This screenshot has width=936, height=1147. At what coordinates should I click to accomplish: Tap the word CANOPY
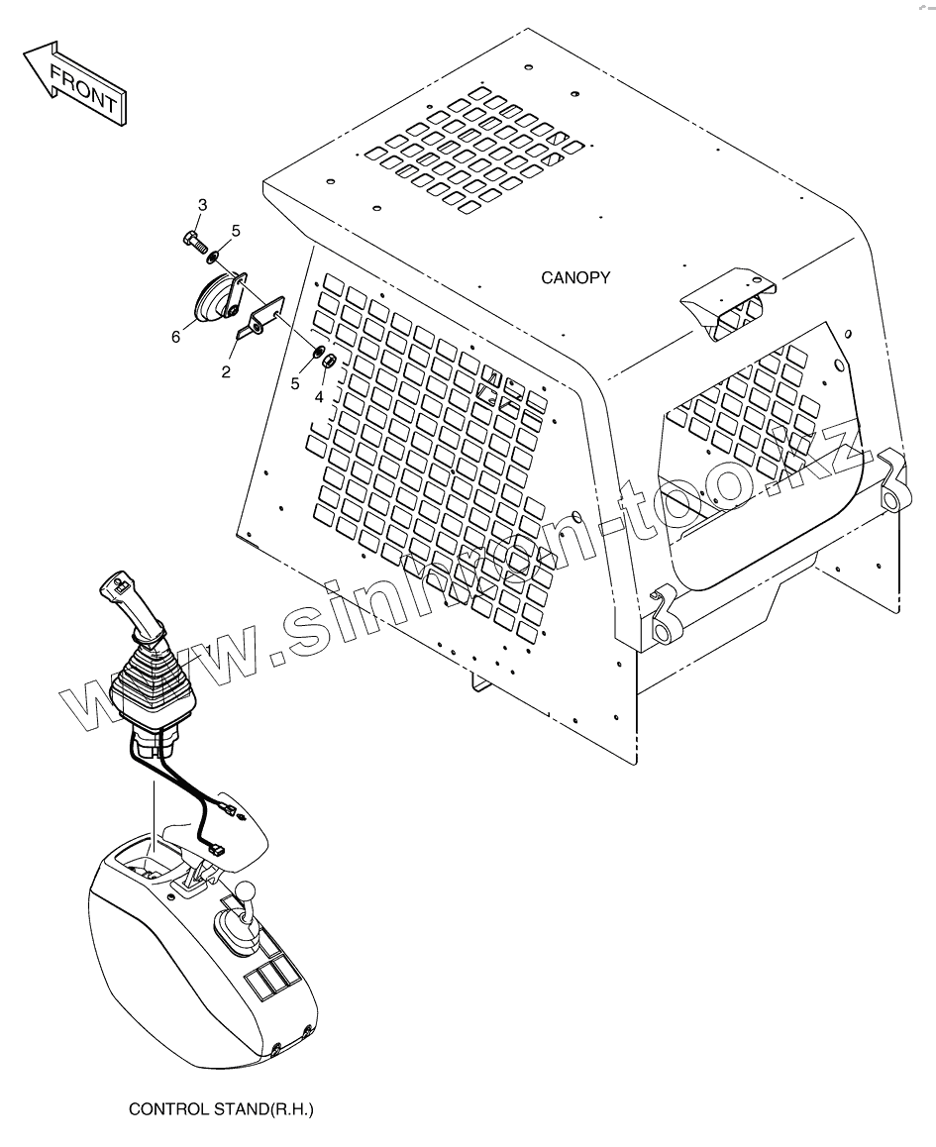(575, 278)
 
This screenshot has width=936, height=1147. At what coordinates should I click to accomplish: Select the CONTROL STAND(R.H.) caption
(221, 1109)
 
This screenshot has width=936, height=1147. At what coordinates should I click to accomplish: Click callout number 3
(202, 205)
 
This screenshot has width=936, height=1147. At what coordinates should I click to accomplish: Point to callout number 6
(175, 337)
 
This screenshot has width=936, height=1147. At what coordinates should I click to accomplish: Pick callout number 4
(319, 396)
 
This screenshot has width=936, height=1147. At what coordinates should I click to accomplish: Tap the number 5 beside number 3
(236, 231)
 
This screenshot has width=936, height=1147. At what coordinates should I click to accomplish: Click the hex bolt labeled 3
(192, 238)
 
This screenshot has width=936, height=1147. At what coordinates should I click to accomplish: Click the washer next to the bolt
(213, 257)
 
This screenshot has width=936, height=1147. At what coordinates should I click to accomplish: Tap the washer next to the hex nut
(316, 351)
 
